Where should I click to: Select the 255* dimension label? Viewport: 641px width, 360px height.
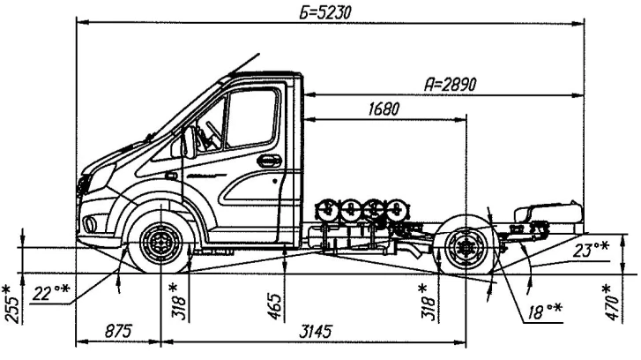pos(11,304)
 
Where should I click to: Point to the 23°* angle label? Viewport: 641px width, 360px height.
pos(590,249)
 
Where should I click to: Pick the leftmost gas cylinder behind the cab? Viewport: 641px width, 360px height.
pos(327,210)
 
